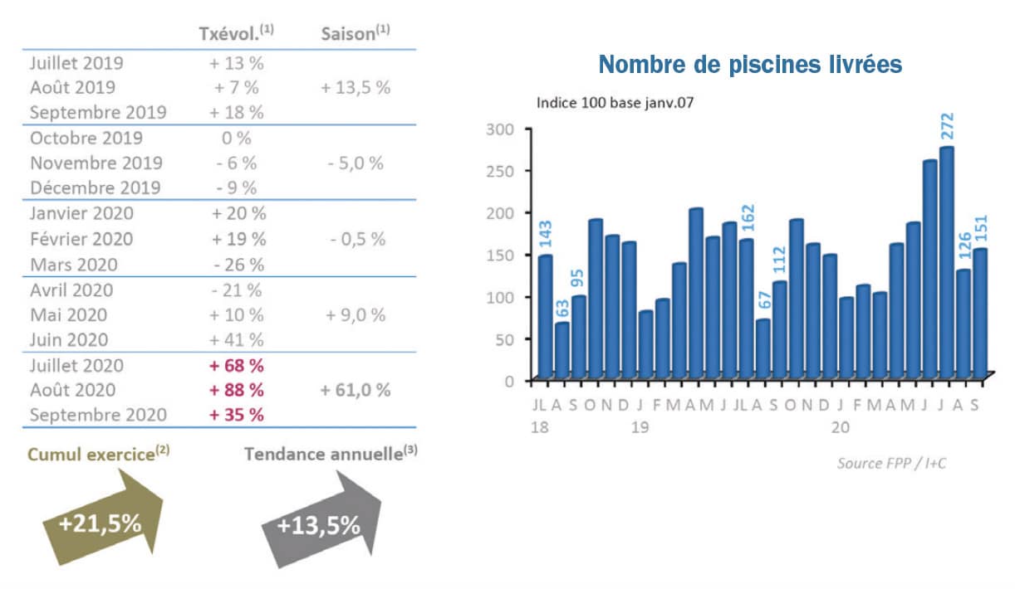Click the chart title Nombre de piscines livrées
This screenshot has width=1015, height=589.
(x=749, y=65)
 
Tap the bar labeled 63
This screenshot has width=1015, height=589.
(x=562, y=350)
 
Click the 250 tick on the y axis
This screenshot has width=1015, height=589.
(x=500, y=171)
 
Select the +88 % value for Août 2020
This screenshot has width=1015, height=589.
(x=238, y=390)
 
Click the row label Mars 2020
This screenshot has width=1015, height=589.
(x=73, y=265)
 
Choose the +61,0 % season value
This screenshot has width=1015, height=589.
(x=355, y=390)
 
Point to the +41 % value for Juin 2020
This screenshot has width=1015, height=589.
(x=238, y=339)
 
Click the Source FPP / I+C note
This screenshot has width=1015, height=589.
(x=890, y=463)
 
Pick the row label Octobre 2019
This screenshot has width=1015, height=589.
(x=86, y=138)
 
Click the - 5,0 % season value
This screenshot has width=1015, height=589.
(x=355, y=163)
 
